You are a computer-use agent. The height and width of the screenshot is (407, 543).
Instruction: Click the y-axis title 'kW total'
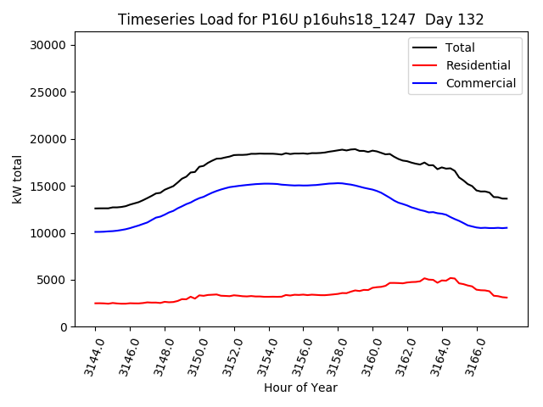(18, 179)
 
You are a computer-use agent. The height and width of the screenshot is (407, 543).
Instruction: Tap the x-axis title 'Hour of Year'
(300, 387)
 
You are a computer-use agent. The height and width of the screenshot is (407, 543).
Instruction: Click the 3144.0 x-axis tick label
(90, 356)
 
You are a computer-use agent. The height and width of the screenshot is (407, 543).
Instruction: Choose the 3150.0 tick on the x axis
(194, 356)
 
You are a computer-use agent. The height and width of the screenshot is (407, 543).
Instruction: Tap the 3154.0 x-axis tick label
(263, 356)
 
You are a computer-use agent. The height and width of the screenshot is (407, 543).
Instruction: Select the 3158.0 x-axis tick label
(333, 356)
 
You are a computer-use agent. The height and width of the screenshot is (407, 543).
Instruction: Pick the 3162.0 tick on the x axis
(402, 356)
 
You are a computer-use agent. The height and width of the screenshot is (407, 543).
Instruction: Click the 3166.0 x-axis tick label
(472, 356)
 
